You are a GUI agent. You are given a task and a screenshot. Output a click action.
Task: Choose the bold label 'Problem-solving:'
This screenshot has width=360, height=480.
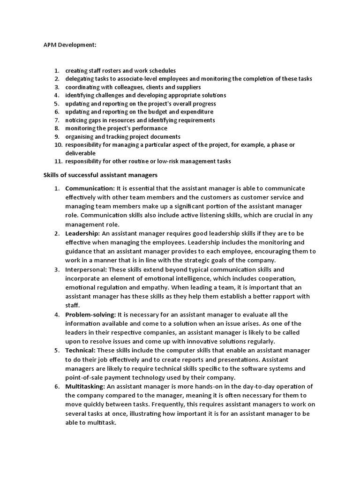pos(90,314)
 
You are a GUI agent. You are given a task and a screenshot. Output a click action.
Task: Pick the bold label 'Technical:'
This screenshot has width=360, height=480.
pos(80,350)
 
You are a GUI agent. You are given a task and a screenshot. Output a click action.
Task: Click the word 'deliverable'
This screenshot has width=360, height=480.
pos(80,153)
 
